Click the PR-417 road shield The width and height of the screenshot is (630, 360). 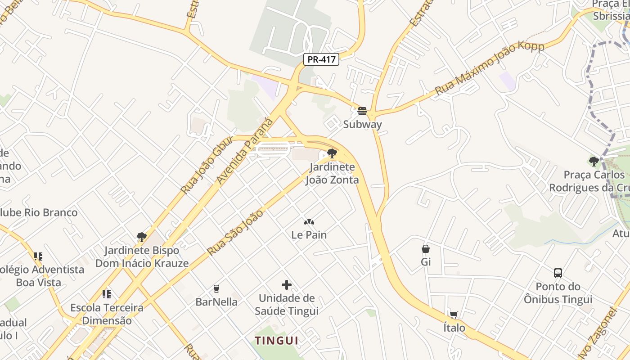pos(321,59)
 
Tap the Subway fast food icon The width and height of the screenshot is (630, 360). pos(362,111)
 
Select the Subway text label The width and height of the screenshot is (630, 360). pos(362,125)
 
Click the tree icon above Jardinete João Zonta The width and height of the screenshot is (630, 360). pos(332,153)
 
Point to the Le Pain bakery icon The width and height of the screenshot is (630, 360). pos(309,222)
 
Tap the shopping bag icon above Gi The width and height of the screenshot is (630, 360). pos(426,249)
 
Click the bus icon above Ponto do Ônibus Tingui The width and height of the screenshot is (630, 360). pos(558,273)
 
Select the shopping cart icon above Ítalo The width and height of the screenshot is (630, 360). pos(454,315)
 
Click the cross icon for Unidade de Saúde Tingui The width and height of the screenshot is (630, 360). pos(287,285)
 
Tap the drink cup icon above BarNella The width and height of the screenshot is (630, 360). pos(216,289)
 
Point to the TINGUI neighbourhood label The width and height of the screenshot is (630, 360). pos(277,341)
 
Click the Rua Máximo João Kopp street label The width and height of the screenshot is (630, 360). pos(489,68)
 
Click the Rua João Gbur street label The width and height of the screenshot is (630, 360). pos(207,165)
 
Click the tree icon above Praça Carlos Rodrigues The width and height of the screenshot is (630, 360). pos(594,161)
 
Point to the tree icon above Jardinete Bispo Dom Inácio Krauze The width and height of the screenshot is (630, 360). pos(142,237)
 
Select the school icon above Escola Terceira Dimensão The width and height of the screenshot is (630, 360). pos(107,295)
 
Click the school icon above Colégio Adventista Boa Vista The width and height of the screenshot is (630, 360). pos(38,256)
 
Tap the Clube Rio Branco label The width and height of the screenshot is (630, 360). pos(39,212)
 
